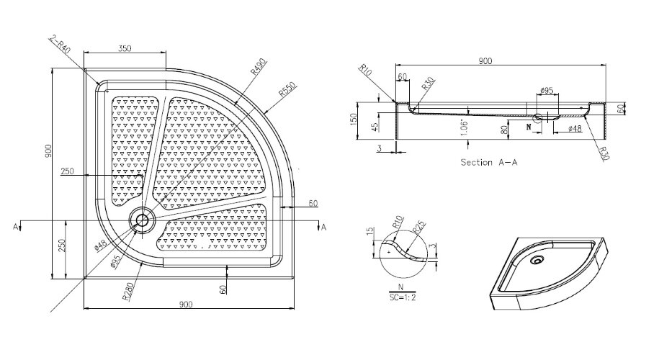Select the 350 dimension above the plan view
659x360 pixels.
[123, 48]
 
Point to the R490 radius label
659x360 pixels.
[258, 69]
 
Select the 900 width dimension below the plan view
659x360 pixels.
[187, 304]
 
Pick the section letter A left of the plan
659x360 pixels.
[15, 227]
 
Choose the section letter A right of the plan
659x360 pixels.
[323, 228]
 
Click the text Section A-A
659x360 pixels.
[489, 162]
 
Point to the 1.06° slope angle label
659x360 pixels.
[468, 125]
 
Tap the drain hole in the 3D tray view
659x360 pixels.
[537, 261]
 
